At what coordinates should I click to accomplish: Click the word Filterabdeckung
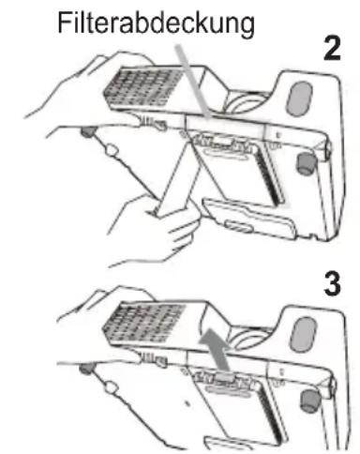pos(156,23)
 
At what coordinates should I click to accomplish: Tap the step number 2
pos(332,49)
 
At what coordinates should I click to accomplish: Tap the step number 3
pos(332,284)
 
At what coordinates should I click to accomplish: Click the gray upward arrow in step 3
pos(216,350)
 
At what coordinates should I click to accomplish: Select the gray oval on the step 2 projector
pos(299,98)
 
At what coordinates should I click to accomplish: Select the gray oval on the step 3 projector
pos(303,334)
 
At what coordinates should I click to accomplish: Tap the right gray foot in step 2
pos(305,163)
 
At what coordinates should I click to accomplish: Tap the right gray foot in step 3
pos(308,401)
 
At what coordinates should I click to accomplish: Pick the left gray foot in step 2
pos(88,131)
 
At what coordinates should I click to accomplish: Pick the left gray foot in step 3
pos(87,368)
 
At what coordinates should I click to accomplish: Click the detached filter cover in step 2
pos(249,218)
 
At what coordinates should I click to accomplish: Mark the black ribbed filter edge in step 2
pos(271,175)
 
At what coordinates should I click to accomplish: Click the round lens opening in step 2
pos(244,103)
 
